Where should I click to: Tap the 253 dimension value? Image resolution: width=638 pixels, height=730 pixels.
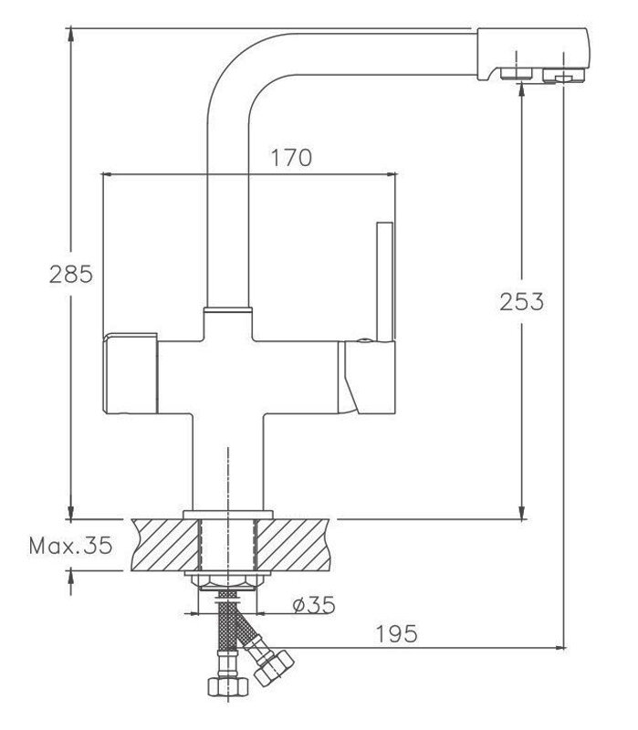point(521,302)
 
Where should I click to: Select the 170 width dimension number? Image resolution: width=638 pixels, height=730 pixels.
point(291,158)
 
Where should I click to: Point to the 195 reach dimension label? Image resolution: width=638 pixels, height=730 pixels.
point(396,634)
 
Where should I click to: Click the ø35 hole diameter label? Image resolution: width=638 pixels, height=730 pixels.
point(314,605)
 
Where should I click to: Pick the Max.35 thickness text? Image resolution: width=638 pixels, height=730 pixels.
point(71,545)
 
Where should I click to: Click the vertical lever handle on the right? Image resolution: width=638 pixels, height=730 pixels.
point(385,282)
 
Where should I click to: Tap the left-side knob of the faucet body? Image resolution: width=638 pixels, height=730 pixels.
point(130,373)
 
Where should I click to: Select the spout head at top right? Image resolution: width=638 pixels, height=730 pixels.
point(534,56)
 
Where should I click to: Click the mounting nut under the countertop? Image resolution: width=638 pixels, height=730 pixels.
point(227,581)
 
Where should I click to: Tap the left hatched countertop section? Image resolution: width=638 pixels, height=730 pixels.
point(165,545)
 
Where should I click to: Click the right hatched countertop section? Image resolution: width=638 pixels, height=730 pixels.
point(293,545)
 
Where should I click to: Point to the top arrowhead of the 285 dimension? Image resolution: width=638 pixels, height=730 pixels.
point(70,35)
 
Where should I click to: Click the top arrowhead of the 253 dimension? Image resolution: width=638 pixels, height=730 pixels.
point(521,89)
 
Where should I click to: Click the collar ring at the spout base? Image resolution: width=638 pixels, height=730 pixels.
point(227,308)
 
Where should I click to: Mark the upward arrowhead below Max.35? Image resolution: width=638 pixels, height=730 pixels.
point(70,578)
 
